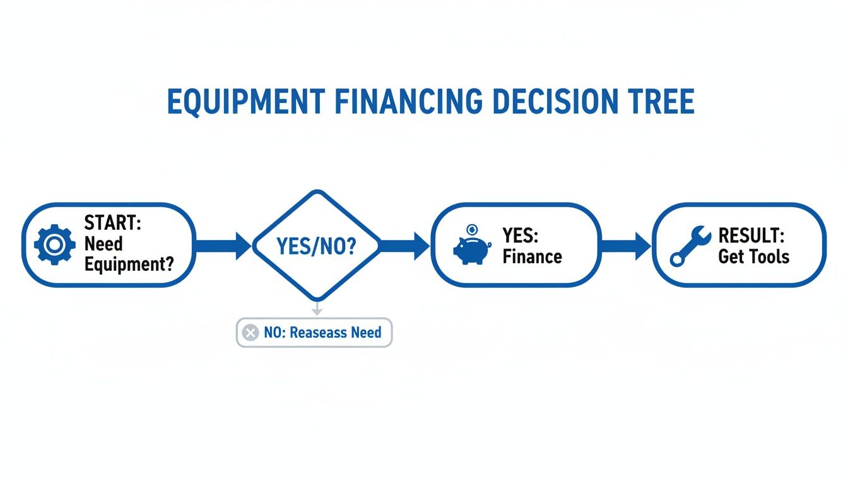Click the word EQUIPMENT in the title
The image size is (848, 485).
click(246, 102)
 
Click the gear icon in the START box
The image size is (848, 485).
click(55, 245)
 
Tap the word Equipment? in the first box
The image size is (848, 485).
click(129, 264)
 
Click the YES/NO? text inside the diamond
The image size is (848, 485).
click(316, 246)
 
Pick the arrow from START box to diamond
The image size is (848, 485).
click(223, 246)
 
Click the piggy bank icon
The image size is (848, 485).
click(471, 246)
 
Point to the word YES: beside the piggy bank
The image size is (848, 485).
click(521, 236)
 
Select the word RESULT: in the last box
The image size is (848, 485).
click(751, 236)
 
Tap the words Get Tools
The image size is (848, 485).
click(753, 257)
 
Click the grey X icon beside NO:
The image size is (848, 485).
click(250, 333)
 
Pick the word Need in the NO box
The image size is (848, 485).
click(366, 333)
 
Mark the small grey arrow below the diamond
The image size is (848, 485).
click(317, 309)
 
